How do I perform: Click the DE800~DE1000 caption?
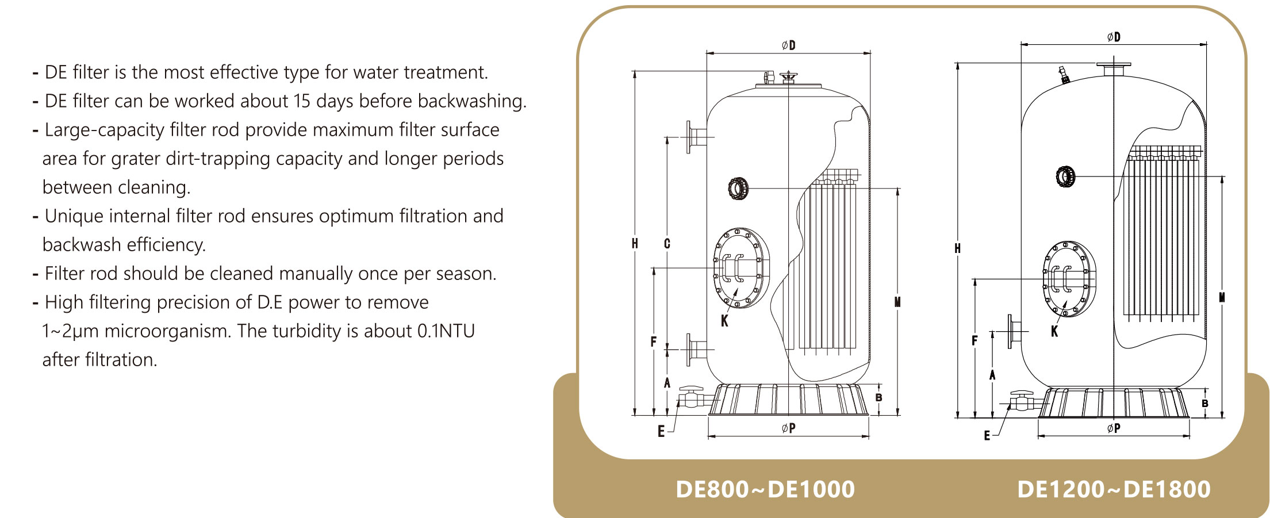tap(765, 490)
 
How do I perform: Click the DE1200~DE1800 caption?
tap(1114, 490)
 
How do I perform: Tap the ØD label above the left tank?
tap(789, 45)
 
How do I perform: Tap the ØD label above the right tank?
tap(1114, 37)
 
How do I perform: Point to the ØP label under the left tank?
tap(789, 428)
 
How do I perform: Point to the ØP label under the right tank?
tap(1114, 428)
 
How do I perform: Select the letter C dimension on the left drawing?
tap(667, 244)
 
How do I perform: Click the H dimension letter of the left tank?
tap(635, 244)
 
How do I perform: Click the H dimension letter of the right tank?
tap(957, 248)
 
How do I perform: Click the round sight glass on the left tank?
tap(738, 189)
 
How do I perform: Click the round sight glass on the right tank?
tap(1065, 176)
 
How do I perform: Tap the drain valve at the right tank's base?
tap(1022, 401)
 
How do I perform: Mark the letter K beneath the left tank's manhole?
tap(724, 321)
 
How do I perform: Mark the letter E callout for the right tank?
tap(987, 436)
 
